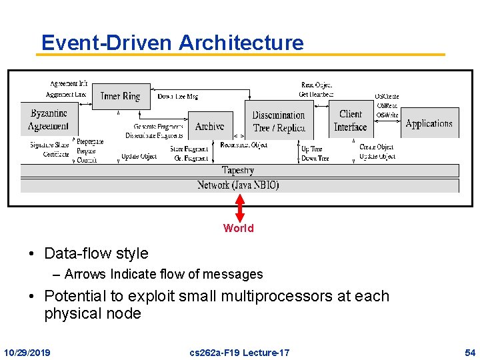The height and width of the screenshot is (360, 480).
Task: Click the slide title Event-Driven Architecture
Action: pyautogui.click(x=172, y=43)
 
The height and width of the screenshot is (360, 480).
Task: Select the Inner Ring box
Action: pyautogui.click(x=121, y=97)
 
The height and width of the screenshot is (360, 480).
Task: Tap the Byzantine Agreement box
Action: pyautogui.click(x=49, y=119)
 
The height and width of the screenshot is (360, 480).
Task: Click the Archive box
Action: pyautogui.click(x=209, y=126)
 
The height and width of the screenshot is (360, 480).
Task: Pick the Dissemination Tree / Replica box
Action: pyautogui.click(x=279, y=121)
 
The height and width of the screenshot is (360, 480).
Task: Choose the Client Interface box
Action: pyautogui.click(x=350, y=121)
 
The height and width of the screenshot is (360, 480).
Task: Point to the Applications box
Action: pyautogui.click(x=429, y=123)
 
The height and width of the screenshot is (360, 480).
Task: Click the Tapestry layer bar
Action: pyautogui.click(x=238, y=171)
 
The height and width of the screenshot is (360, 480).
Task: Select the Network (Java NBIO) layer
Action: pyautogui.click(x=238, y=185)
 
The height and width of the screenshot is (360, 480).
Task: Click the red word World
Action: pyautogui.click(x=238, y=228)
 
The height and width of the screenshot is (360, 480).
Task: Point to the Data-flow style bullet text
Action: pyautogui.click(x=96, y=253)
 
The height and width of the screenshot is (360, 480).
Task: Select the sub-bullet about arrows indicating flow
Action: pyautogui.click(x=163, y=274)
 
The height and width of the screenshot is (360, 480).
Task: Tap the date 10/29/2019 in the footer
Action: pyautogui.click(x=27, y=351)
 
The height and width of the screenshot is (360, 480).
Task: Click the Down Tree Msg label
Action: pyautogui.click(x=177, y=97)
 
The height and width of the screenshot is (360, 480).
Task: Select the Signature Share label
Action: pyautogui.click(x=49, y=145)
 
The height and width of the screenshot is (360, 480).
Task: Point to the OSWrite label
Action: pyautogui.click(x=387, y=115)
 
